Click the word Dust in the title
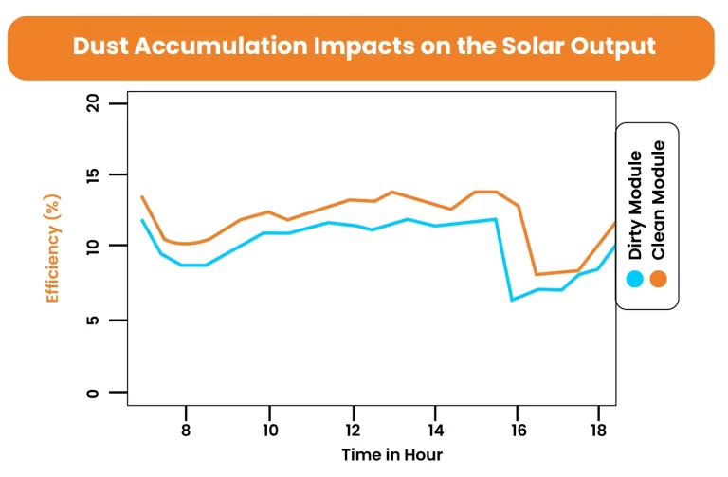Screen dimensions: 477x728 point(102,46)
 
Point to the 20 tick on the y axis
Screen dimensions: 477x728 point(93,103)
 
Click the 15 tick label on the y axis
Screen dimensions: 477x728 point(93,175)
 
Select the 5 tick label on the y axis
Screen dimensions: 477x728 point(93,321)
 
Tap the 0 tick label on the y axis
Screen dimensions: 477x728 point(93,393)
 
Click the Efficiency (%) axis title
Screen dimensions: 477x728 point(54,248)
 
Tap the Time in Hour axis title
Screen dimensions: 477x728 point(391,454)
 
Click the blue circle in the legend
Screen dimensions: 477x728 point(635,279)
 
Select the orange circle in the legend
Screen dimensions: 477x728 point(658,279)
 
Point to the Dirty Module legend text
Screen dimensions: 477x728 point(635,205)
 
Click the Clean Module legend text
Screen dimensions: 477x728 point(658,201)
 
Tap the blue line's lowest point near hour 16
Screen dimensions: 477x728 point(512,300)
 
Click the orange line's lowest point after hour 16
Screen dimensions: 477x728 point(537,274)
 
